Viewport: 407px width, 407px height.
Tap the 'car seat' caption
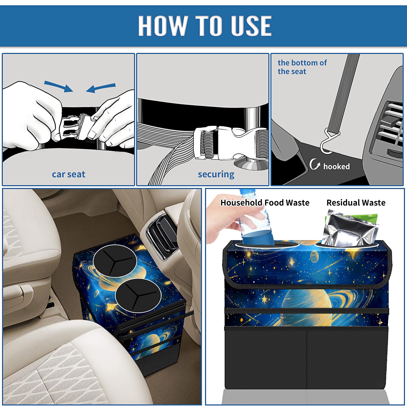[x=68, y=174]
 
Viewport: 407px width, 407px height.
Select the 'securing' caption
[x=216, y=174]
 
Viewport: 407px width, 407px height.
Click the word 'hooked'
[x=337, y=166]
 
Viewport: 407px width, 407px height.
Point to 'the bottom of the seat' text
[x=302, y=67]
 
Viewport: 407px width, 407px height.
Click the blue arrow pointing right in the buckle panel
[x=59, y=86]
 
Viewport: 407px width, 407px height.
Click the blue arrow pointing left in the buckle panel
[x=101, y=88]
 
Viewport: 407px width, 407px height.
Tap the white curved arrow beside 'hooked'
[x=315, y=164]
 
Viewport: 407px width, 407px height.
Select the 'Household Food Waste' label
[x=265, y=202]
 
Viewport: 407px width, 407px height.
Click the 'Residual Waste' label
[x=356, y=202]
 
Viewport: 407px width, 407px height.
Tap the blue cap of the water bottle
[x=247, y=191]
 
